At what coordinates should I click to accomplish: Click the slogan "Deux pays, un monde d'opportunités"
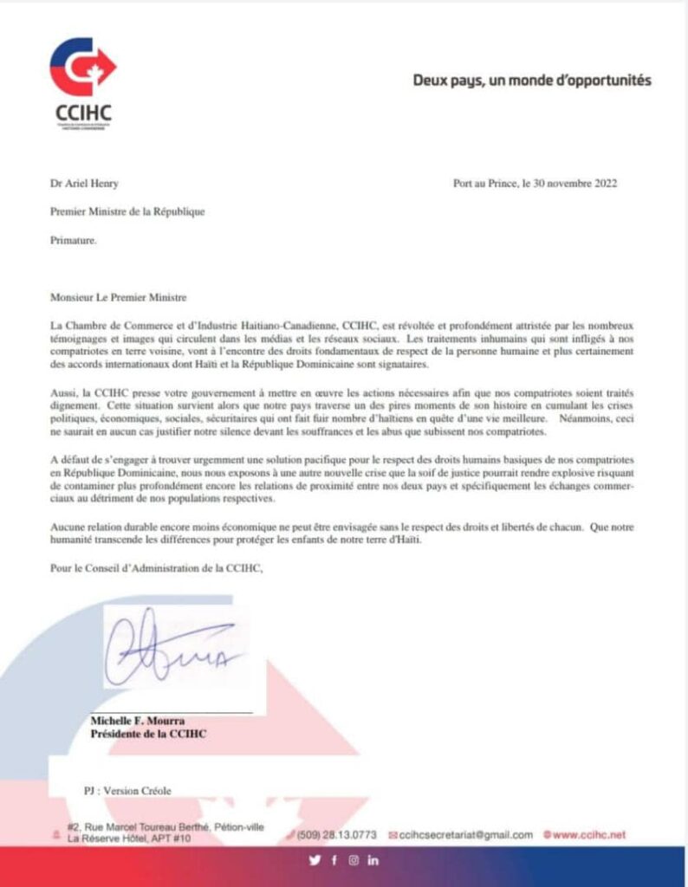[531, 81]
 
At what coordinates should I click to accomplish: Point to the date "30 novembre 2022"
[577, 183]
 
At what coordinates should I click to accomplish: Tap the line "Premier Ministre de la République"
[127, 211]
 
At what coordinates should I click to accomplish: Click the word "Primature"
[73, 240]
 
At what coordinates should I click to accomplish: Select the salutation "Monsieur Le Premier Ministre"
[119, 297]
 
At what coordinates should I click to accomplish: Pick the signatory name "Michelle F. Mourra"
[138, 722]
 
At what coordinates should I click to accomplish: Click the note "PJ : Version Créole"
[127, 791]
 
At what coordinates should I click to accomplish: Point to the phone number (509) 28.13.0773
[337, 835]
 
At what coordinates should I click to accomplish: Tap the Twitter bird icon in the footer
[315, 860]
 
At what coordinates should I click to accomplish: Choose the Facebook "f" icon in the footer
[334, 860]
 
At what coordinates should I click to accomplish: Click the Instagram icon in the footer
[354, 860]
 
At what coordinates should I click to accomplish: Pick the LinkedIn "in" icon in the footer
[373, 860]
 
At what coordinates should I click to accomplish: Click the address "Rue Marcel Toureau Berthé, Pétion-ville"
[174, 828]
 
